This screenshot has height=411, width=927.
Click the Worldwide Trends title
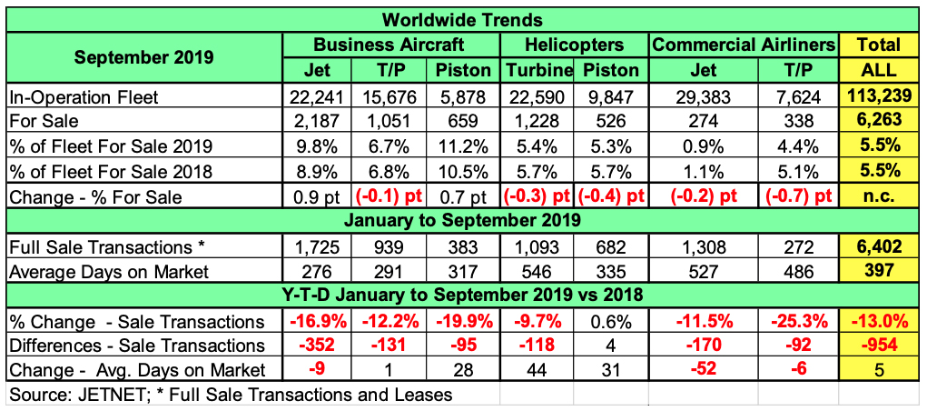[x=463, y=19]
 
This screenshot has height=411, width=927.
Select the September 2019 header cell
[x=144, y=56]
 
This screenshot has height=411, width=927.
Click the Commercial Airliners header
[x=743, y=45]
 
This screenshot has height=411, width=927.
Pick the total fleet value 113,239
[x=879, y=95]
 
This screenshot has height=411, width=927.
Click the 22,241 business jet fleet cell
[x=317, y=95]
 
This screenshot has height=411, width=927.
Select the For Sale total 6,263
[x=879, y=120]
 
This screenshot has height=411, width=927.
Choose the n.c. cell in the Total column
[x=879, y=195]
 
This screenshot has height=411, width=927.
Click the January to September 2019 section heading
[x=463, y=220]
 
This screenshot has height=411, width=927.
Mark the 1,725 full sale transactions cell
[x=317, y=246]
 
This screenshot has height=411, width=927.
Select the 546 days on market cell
[x=536, y=270]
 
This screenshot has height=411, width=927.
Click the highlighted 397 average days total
[x=879, y=270]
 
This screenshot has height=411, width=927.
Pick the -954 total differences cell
[x=879, y=345]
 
